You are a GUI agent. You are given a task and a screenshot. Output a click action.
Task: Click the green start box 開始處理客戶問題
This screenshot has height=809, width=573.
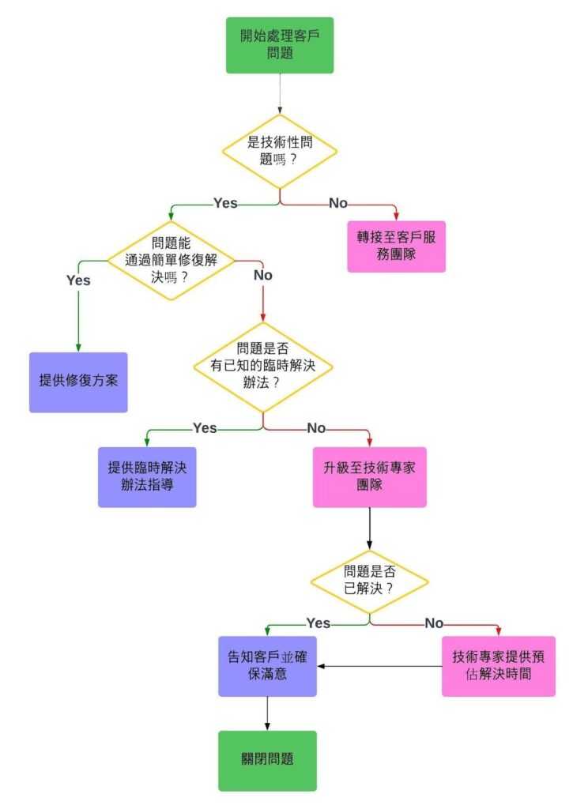[x=280, y=45]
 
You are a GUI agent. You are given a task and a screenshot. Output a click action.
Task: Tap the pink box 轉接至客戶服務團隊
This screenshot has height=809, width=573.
[x=396, y=246]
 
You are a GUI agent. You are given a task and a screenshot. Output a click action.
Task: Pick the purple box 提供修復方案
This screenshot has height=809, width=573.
[x=78, y=382]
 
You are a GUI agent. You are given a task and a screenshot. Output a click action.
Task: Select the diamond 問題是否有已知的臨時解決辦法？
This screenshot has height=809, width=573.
[x=262, y=367]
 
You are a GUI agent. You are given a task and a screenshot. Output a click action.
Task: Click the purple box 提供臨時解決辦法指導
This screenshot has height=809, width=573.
[x=147, y=477]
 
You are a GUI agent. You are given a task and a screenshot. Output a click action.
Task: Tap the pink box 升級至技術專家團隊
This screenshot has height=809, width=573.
[x=369, y=477]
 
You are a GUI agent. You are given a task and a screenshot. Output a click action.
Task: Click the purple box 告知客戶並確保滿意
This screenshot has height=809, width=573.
[x=267, y=666]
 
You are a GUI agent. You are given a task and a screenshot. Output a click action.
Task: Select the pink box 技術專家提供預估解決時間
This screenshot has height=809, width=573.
[x=498, y=666]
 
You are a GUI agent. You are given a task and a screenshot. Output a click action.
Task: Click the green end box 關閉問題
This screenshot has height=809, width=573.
[x=267, y=760]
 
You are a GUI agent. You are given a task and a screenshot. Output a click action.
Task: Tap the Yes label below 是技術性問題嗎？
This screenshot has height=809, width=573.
[x=225, y=203]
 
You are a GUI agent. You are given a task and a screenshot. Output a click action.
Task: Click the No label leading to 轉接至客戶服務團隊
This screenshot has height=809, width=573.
[x=337, y=203]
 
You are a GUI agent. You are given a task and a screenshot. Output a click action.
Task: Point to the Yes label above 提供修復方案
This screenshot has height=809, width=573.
[x=78, y=280]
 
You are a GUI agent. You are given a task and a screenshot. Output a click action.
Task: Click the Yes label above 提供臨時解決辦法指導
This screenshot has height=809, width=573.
[x=205, y=427]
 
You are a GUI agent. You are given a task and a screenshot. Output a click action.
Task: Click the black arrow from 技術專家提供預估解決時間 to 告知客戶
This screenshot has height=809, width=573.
[x=379, y=667]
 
